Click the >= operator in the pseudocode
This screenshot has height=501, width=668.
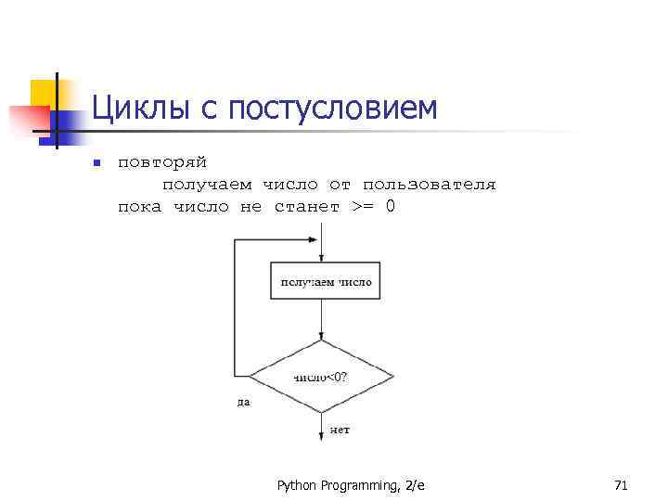(x=364, y=206)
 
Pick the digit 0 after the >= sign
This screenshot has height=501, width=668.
(x=391, y=206)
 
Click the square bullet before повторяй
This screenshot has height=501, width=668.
(x=96, y=164)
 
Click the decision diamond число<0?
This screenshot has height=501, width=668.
(x=321, y=376)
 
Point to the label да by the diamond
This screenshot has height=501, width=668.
(x=243, y=403)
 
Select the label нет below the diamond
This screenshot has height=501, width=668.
(x=340, y=431)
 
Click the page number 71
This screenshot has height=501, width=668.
(x=621, y=485)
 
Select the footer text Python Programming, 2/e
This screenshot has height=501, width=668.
(x=351, y=485)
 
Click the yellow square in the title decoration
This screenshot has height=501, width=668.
(x=44, y=93)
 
